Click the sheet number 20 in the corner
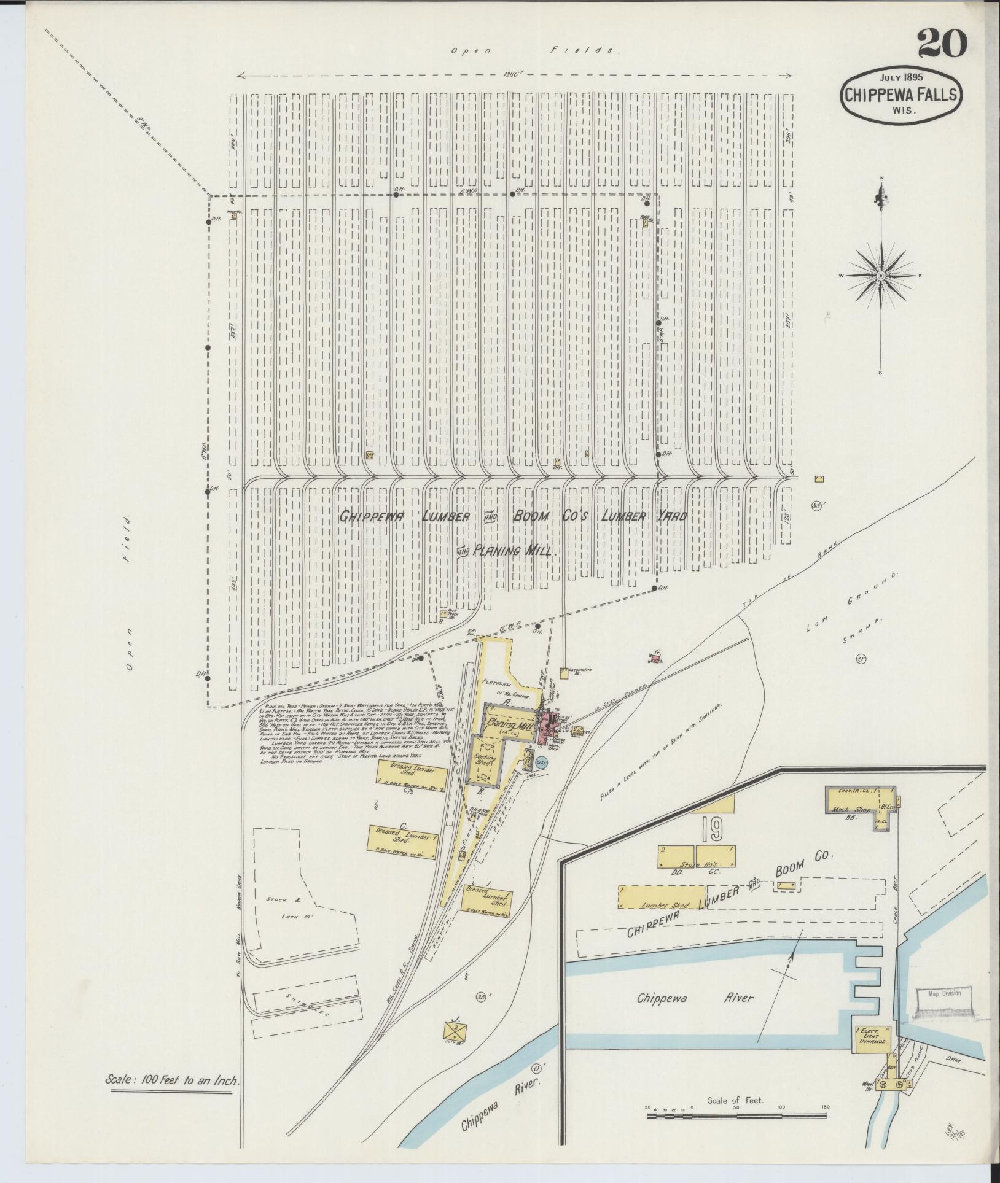tap(942, 45)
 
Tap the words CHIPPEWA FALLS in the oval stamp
tap(900, 95)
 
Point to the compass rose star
tap(881, 276)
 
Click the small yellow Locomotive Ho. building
tap(563, 671)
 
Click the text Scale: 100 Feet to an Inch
tap(171, 1098)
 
